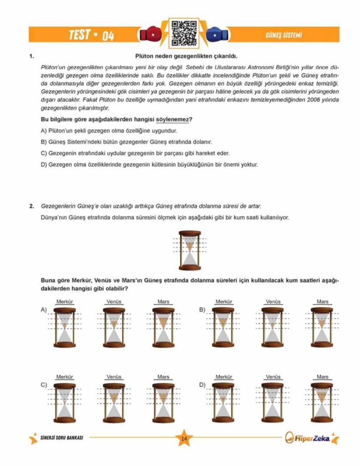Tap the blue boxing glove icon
[x=214, y=34]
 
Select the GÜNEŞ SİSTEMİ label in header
[x=283, y=35]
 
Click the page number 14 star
[x=183, y=438]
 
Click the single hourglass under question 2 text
[x=190, y=251]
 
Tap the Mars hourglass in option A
[x=163, y=327]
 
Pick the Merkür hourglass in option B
[x=223, y=327]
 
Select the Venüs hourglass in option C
[x=114, y=402]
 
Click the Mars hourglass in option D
[x=322, y=402]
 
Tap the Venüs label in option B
[x=273, y=302]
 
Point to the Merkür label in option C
[x=64, y=377]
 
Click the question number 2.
[x=31, y=205]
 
